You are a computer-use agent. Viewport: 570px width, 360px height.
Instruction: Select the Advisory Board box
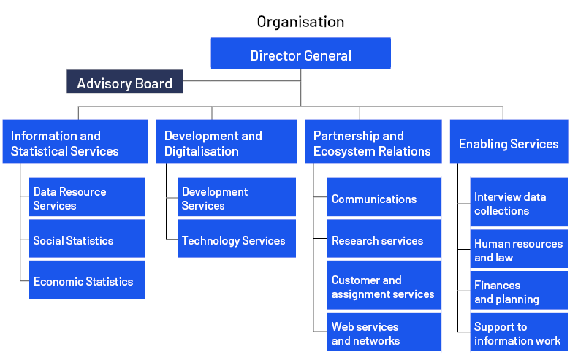point(124,83)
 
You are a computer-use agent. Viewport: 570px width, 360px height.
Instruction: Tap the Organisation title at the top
point(300,22)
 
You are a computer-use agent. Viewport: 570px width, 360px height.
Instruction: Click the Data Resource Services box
point(87,197)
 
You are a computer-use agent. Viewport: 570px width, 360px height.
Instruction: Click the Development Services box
point(236,197)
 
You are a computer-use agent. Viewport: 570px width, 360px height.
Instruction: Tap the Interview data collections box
point(519,202)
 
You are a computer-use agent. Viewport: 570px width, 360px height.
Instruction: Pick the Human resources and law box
point(519,249)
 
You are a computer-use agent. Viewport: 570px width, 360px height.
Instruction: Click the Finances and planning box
point(519,291)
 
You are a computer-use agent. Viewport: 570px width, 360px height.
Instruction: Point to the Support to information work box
point(519,332)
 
